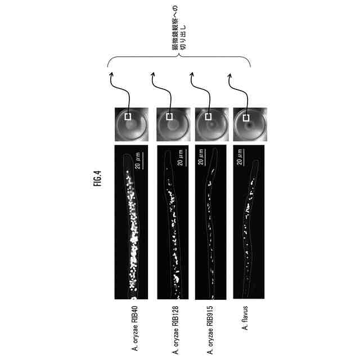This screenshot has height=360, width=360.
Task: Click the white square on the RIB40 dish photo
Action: click(128, 117)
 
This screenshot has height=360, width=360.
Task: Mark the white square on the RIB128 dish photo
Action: click(168, 117)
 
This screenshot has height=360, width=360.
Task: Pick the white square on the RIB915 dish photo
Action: click(206, 117)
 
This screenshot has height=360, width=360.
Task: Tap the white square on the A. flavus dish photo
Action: click(244, 117)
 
